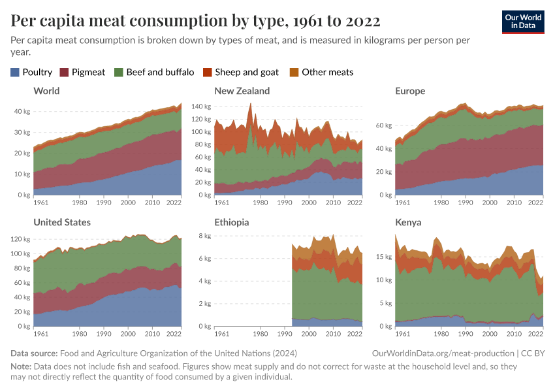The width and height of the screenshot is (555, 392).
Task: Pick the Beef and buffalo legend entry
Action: coord(153,72)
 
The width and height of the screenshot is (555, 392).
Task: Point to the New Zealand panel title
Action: coord(242,91)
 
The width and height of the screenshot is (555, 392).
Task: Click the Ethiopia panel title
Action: coord(231,222)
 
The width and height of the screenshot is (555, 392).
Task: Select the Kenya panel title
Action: coord(408,222)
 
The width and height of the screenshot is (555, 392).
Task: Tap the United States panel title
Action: coord(62,222)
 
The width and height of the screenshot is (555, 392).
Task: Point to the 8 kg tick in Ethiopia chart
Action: coord(204,236)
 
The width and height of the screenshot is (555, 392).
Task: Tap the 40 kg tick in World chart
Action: coord(22,112)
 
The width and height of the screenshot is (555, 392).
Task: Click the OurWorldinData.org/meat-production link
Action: coord(443,353)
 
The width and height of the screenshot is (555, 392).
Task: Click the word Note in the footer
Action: coord(21,367)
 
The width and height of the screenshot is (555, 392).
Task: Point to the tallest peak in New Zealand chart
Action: coord(250,103)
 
